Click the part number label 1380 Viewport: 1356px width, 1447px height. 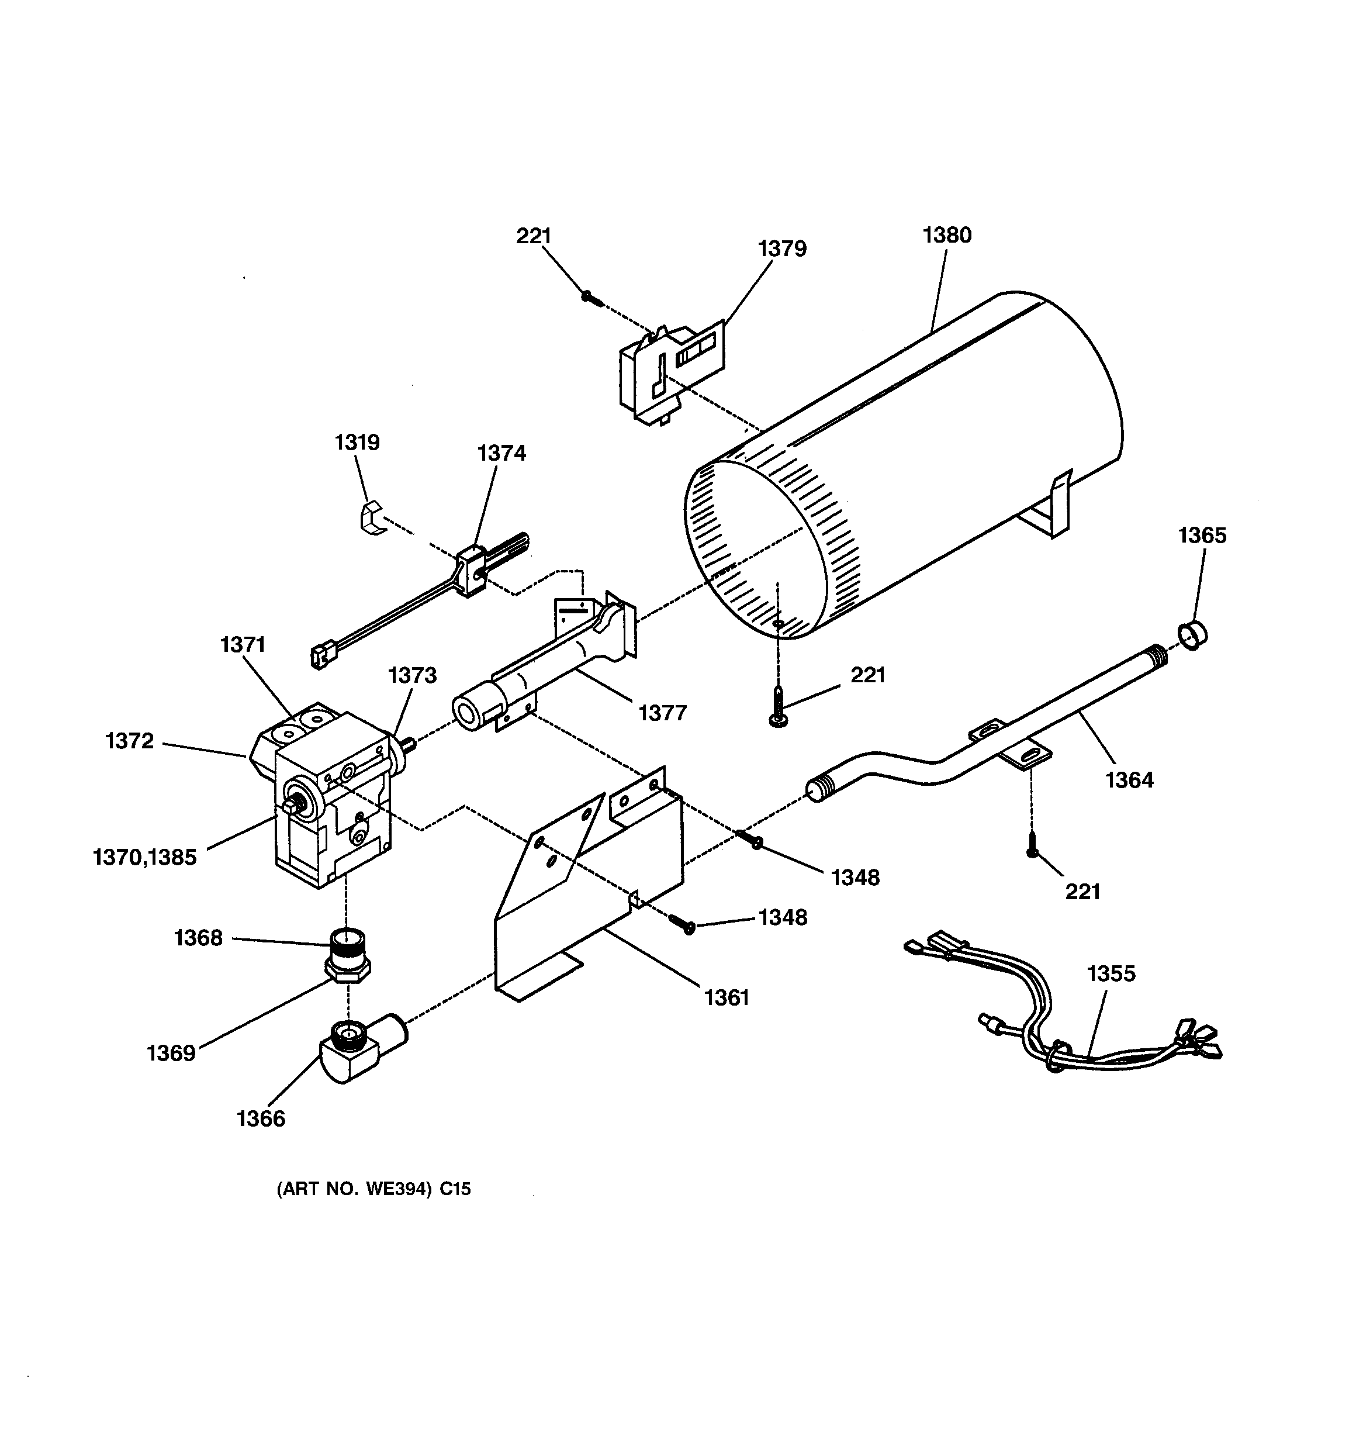point(946,235)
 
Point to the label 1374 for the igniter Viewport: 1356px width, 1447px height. point(501,454)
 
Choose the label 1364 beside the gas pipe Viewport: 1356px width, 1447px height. point(1129,781)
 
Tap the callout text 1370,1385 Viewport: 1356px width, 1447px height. point(145,858)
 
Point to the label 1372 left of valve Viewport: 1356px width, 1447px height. point(130,741)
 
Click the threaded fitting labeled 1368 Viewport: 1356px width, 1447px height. point(348,946)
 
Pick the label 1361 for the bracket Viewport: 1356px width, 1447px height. point(727,997)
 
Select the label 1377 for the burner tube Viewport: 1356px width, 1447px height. point(662,713)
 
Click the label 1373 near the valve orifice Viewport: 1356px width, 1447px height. point(412,675)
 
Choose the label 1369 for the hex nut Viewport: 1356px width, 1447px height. point(171,1053)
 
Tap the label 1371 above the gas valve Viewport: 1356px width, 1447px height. point(243,645)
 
